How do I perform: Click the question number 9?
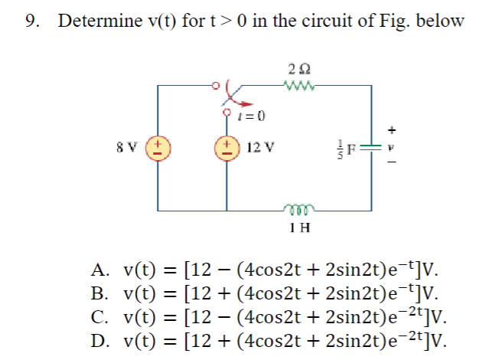pyautogui.click(x=31, y=21)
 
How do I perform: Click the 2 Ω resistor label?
pyautogui.click(x=295, y=67)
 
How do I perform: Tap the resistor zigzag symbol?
pyautogui.click(x=295, y=84)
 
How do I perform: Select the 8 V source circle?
pyautogui.click(x=158, y=146)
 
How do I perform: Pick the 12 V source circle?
pyautogui.click(x=227, y=146)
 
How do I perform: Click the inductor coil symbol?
pyautogui.click(x=295, y=207)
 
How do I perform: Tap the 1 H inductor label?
pyautogui.click(x=295, y=227)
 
